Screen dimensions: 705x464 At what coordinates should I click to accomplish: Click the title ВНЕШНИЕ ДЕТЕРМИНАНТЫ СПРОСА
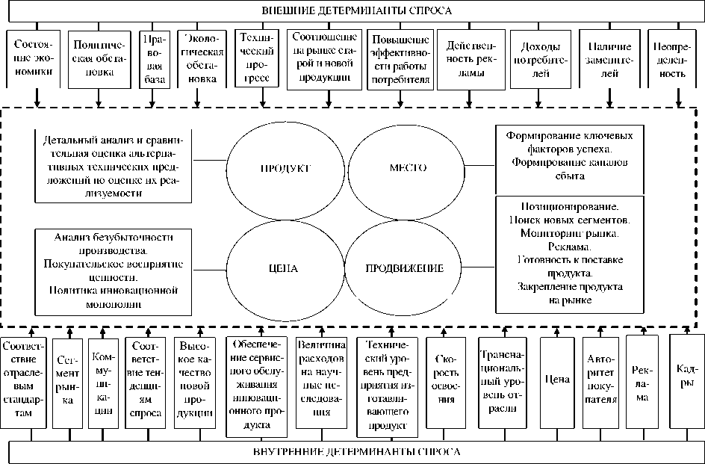pos(357,10)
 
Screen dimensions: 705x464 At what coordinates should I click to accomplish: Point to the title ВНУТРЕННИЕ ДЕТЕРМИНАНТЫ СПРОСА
pos(357,452)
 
